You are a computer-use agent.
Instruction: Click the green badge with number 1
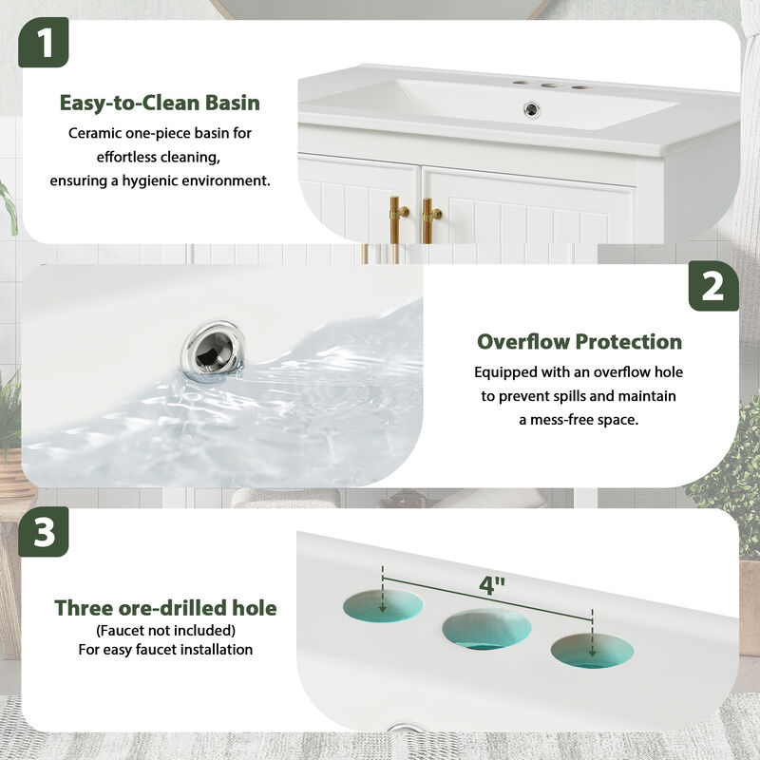[45, 43]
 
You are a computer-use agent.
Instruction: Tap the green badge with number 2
[713, 287]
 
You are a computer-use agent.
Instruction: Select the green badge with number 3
[45, 534]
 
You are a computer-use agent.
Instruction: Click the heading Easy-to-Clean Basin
[160, 103]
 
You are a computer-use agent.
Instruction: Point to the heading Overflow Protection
[579, 341]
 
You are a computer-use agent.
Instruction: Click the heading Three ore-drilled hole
[165, 608]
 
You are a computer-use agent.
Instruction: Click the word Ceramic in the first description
[95, 133]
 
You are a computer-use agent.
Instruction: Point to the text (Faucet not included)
[165, 630]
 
